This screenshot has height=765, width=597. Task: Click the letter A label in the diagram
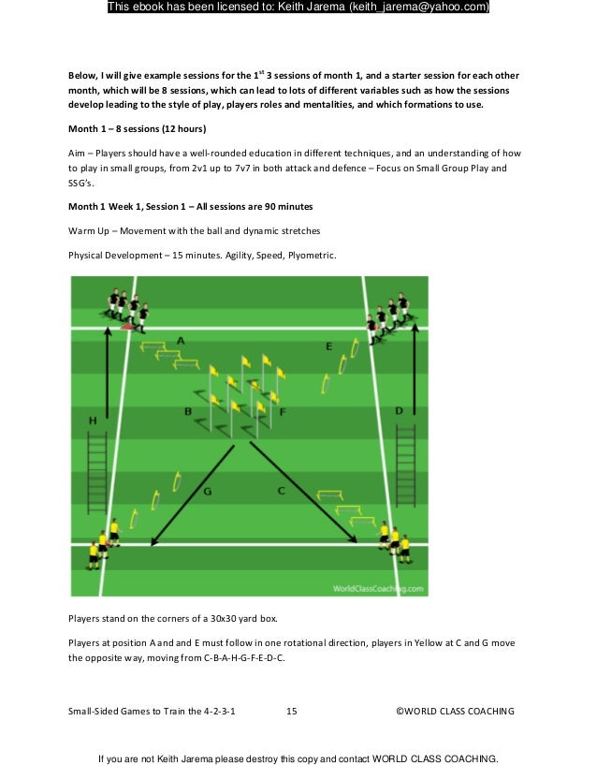pos(181,341)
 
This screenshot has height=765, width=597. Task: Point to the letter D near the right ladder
pos(399,410)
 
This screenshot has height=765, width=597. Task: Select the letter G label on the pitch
pos(207,491)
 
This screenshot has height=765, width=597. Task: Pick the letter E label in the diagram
pos(328,346)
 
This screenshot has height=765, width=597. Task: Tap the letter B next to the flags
pos(188,411)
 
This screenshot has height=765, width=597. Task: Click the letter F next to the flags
pos(282,411)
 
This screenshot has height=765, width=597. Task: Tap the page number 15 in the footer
pos(291,712)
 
